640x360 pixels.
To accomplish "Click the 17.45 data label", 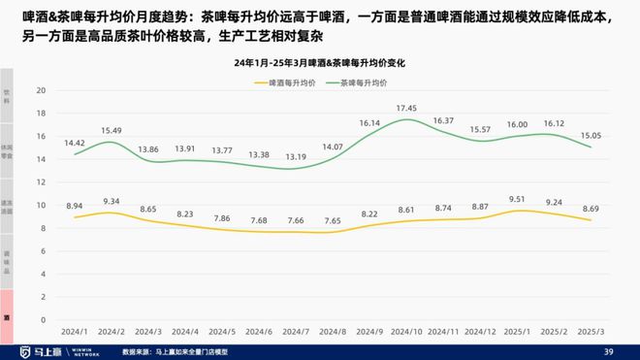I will pos(406,108).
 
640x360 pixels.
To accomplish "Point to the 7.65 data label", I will pos(333,221).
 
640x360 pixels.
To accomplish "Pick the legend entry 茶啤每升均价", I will pos(369,82).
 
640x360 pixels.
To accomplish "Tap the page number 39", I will pos(608,350).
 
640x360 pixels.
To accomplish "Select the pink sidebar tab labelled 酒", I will pos(7,315).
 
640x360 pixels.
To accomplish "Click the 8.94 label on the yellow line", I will pos(74,206).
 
